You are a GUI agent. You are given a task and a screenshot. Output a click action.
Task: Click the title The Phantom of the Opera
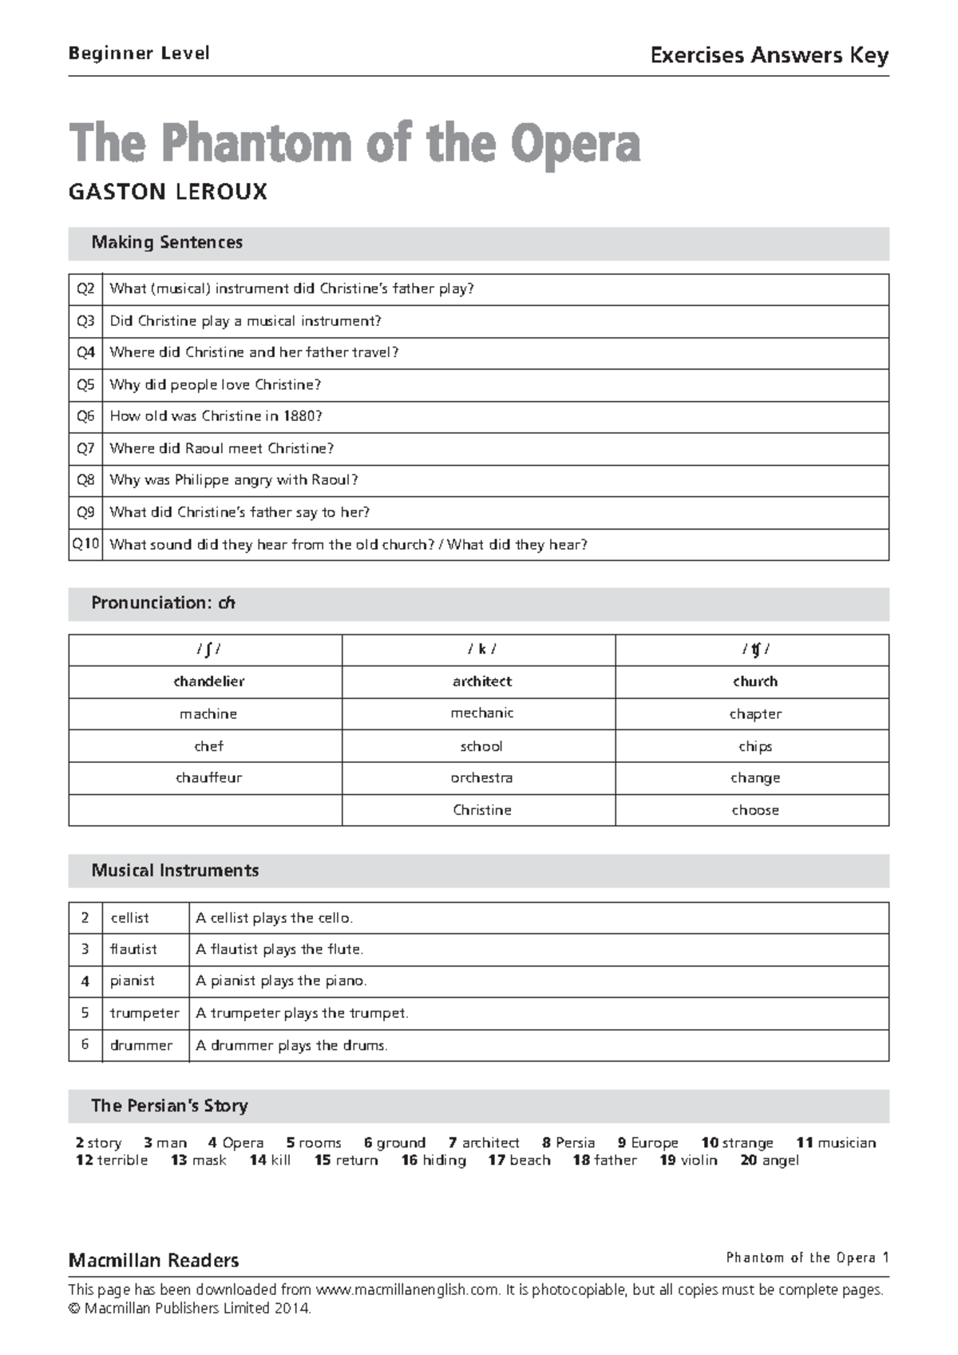354,144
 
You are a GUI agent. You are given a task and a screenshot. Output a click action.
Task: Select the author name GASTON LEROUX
168,193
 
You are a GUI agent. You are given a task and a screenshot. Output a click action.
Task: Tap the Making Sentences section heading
167,243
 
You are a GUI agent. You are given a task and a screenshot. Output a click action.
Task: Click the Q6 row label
85,416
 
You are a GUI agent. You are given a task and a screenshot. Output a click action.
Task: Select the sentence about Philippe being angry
234,480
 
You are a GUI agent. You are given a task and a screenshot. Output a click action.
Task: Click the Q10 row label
85,544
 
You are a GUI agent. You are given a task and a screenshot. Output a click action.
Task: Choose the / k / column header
481,650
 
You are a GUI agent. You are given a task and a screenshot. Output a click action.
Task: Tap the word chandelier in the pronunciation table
208,681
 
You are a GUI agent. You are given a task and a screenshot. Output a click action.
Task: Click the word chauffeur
208,777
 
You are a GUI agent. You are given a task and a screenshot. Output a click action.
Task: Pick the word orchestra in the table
481,777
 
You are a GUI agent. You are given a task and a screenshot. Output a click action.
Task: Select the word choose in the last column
755,810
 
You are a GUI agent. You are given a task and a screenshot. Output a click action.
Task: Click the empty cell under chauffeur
205,810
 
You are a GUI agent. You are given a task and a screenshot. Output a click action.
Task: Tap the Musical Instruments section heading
175,871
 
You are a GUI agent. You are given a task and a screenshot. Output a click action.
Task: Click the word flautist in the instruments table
133,949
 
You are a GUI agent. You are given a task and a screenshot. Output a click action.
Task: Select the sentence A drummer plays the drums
291,1045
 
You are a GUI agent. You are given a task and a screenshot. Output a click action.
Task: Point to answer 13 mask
199,1160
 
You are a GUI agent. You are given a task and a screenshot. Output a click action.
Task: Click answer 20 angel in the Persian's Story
770,1160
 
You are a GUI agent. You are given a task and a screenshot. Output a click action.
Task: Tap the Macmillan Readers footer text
153,1261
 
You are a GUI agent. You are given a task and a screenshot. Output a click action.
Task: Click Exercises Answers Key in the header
769,55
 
